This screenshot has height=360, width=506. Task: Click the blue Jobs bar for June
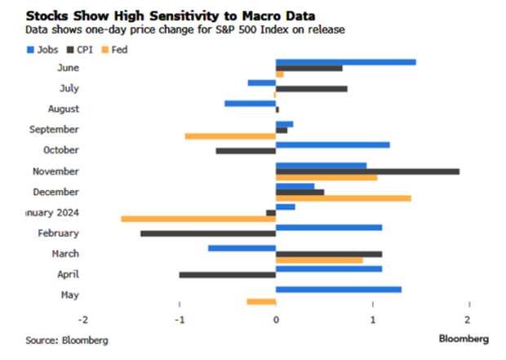(346, 61)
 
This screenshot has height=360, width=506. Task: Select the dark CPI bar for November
(367, 171)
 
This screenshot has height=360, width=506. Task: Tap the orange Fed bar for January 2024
(198, 219)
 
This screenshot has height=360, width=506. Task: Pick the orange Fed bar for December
(344, 198)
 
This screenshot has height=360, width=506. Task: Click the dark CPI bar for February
(208, 233)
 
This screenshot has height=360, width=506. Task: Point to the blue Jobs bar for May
(339, 289)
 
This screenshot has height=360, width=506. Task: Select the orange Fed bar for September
(230, 136)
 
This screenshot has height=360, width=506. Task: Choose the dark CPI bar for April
(227, 275)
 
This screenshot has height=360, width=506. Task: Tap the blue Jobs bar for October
(333, 144)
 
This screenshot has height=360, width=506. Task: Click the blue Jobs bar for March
(242, 247)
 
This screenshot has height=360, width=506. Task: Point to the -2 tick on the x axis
(82, 318)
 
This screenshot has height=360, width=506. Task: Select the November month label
(56, 171)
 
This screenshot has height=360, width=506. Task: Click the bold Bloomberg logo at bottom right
(464, 338)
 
